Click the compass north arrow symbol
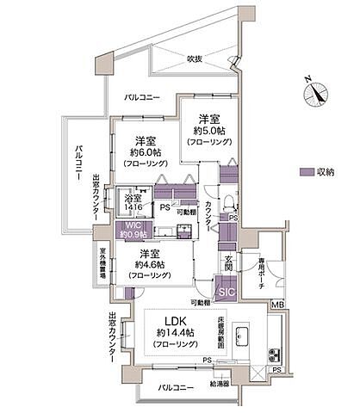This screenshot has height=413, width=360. click(320, 91)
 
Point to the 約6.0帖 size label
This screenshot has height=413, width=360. click(138, 151)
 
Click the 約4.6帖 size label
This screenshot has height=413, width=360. click(149, 265)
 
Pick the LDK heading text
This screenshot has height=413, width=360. click(167, 320)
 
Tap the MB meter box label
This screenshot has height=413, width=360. click(277, 304)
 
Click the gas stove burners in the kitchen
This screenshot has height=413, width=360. click(273, 354)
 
